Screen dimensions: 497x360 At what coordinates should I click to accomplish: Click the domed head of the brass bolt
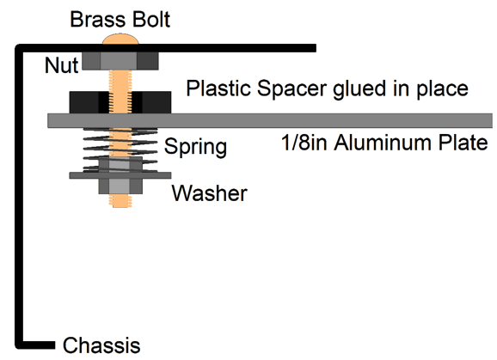click(120, 40)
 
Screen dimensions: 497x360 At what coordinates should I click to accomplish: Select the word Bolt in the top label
click(151, 20)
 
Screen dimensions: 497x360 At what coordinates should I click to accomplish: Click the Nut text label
click(62, 65)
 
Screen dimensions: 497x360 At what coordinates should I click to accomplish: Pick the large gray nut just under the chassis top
click(120, 61)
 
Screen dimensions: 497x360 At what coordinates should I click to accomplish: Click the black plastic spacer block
click(120, 102)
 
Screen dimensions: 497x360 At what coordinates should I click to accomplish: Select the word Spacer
click(291, 88)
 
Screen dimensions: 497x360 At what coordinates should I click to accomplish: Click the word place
click(442, 89)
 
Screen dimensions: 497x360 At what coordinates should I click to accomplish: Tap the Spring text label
click(195, 147)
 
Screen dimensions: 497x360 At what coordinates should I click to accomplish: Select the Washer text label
click(210, 193)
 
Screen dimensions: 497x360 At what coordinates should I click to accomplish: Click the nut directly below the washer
click(120, 186)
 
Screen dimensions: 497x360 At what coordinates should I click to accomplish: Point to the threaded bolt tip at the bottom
click(120, 201)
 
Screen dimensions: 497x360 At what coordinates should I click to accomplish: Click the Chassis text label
click(101, 345)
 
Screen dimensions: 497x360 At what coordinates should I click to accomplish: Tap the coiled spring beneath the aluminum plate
click(120, 150)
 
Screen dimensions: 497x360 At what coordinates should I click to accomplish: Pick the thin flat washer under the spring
click(120, 175)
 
